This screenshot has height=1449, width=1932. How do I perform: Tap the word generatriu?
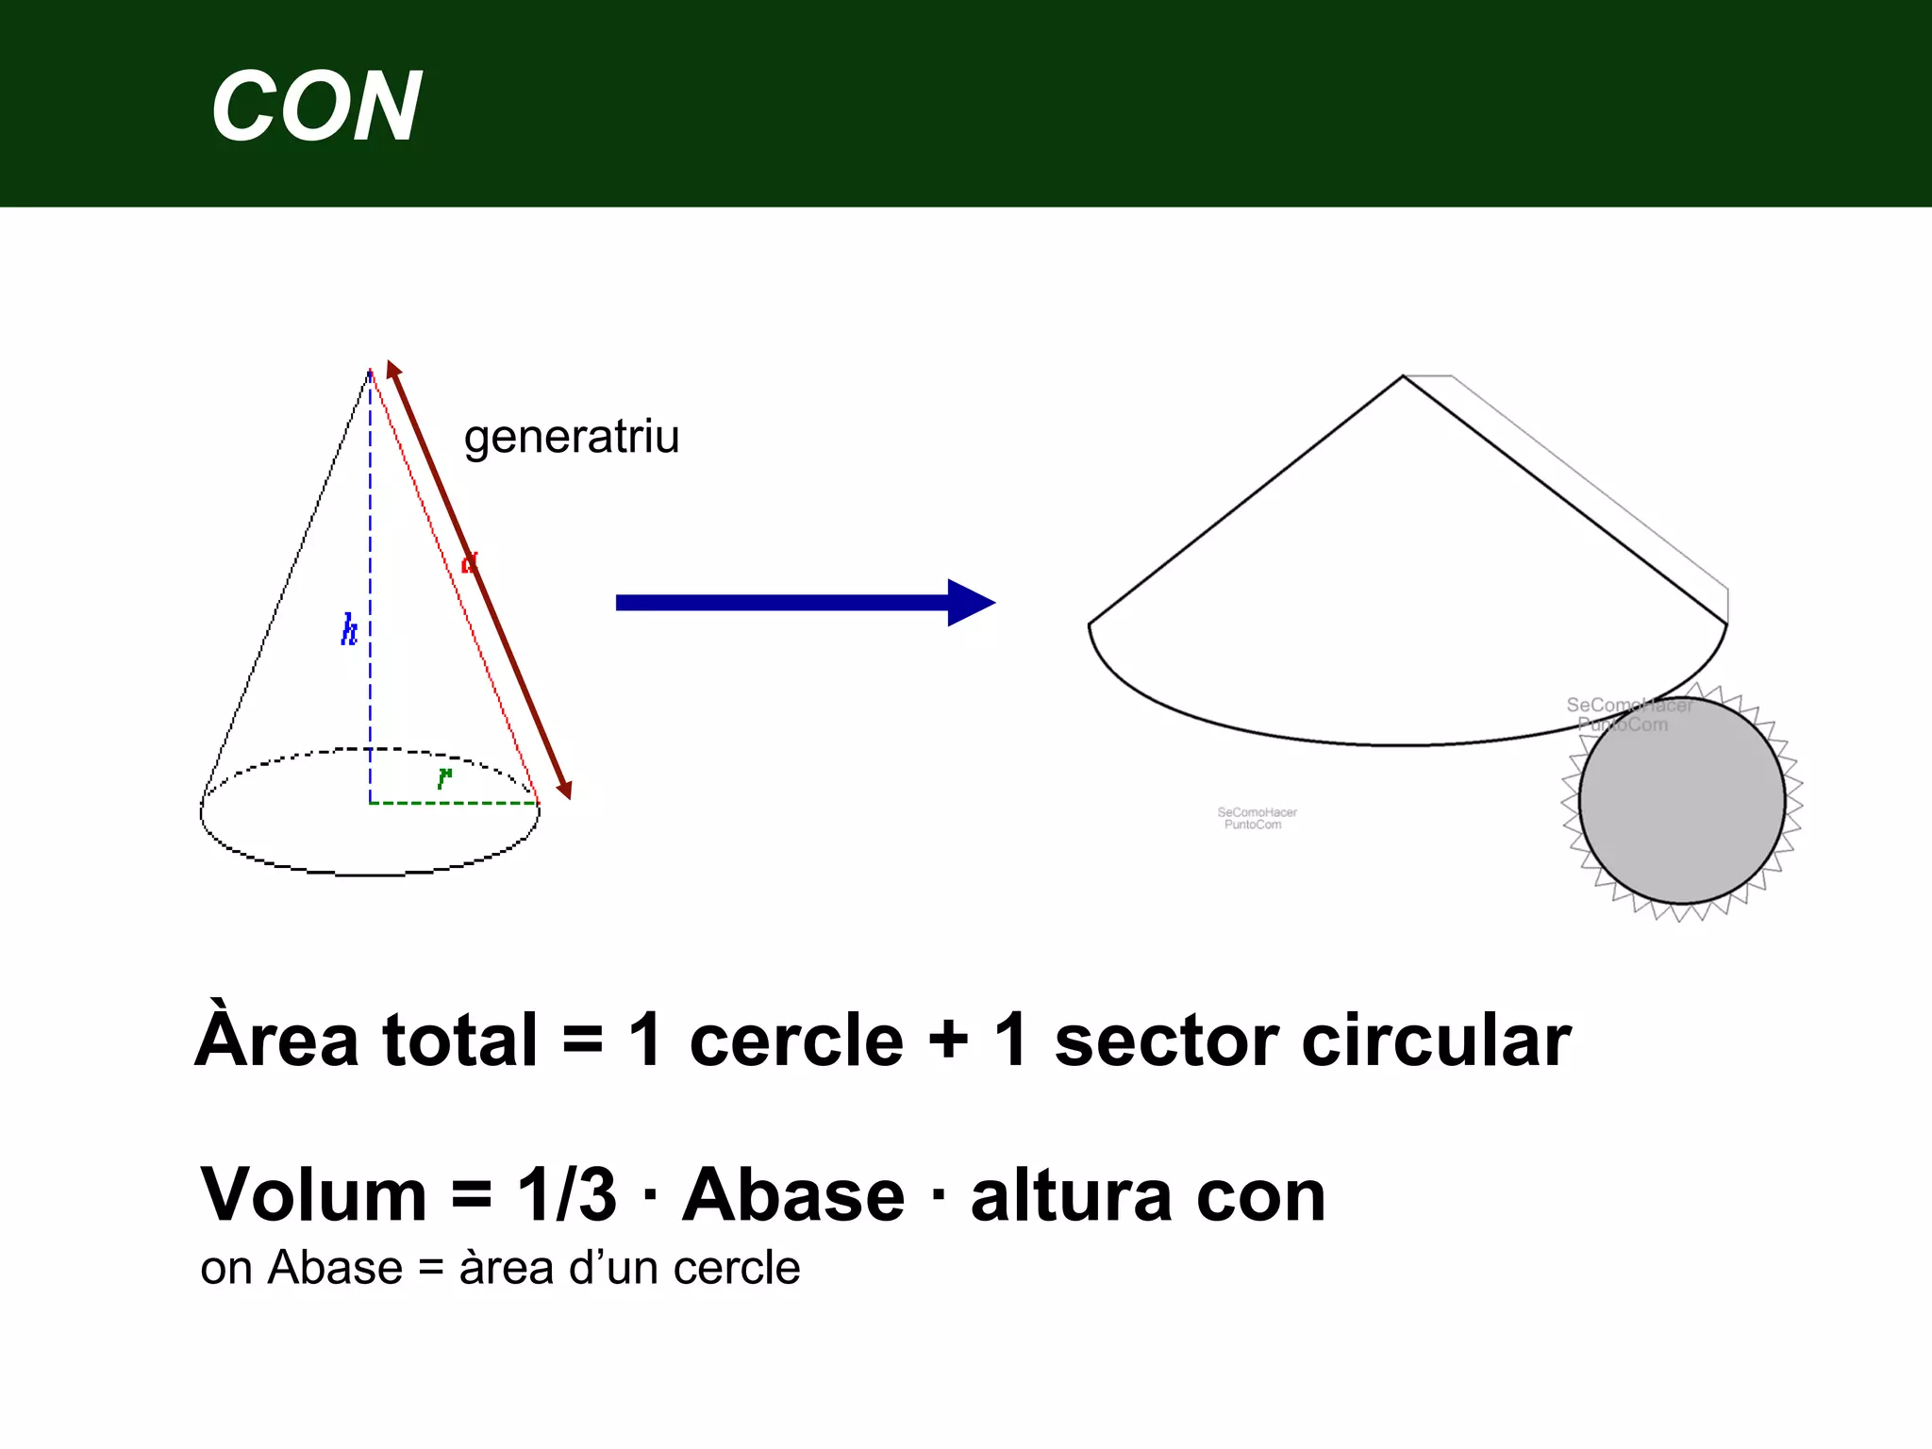click(x=571, y=437)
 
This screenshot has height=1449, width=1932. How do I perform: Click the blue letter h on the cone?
click(x=349, y=629)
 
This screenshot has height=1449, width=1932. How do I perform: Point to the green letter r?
click(x=444, y=776)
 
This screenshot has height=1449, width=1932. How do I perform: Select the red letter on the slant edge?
click(x=469, y=563)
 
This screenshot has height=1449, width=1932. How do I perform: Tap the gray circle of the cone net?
click(x=1681, y=800)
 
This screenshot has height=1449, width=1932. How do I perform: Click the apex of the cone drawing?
click(x=370, y=371)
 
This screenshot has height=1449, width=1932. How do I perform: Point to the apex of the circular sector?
click(x=1403, y=377)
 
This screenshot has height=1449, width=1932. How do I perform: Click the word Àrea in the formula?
click(x=276, y=1039)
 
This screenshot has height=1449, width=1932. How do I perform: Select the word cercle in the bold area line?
click(x=796, y=1041)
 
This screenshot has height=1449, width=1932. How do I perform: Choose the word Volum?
click(x=314, y=1194)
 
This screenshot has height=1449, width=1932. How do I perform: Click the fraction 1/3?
click(x=566, y=1194)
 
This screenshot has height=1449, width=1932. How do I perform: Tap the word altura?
click(x=1072, y=1194)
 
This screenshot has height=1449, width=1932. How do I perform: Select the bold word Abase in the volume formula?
click(x=793, y=1194)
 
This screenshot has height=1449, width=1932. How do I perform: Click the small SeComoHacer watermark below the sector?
click(x=1257, y=818)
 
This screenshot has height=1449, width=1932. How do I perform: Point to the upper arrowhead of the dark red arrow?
click(x=393, y=369)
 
